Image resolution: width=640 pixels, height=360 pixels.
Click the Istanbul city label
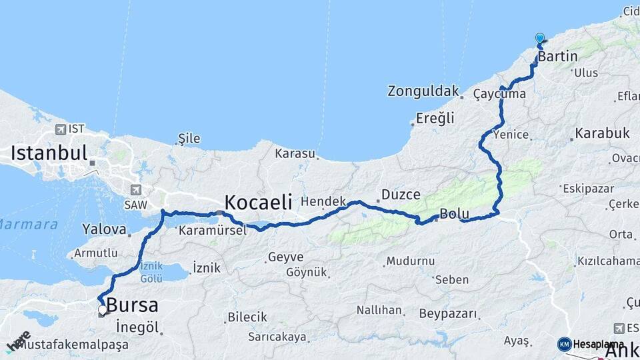pos(49,153)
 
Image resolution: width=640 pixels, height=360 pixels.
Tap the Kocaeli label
pos(258,202)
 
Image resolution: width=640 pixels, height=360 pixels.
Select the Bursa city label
pos(132,306)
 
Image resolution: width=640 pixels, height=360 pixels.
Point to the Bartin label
pos(557,56)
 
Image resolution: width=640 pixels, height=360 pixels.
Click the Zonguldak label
pos(424,91)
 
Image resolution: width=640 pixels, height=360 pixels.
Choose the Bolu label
pos(455,215)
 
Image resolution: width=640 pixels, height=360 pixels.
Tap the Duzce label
pos(401,195)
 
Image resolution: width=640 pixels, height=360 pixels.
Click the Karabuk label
pos(602,133)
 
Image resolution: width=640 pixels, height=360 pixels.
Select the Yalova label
pos(104,229)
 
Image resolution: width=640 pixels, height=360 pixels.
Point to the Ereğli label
pos(435,118)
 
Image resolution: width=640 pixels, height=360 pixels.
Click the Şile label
pos(189,139)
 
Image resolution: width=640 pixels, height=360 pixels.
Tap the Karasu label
pos(295,153)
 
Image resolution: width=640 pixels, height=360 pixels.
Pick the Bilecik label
pos(247,317)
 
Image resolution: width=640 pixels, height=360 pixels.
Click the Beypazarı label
pos(448,313)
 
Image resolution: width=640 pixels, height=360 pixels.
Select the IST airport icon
pos(61,129)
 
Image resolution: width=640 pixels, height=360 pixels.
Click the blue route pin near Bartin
pos(539,39)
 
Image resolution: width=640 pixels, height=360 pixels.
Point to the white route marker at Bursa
pos(102,310)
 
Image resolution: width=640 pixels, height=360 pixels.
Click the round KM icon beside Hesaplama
pos(565,344)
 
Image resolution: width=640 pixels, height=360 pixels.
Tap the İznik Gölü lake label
pos(151,272)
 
